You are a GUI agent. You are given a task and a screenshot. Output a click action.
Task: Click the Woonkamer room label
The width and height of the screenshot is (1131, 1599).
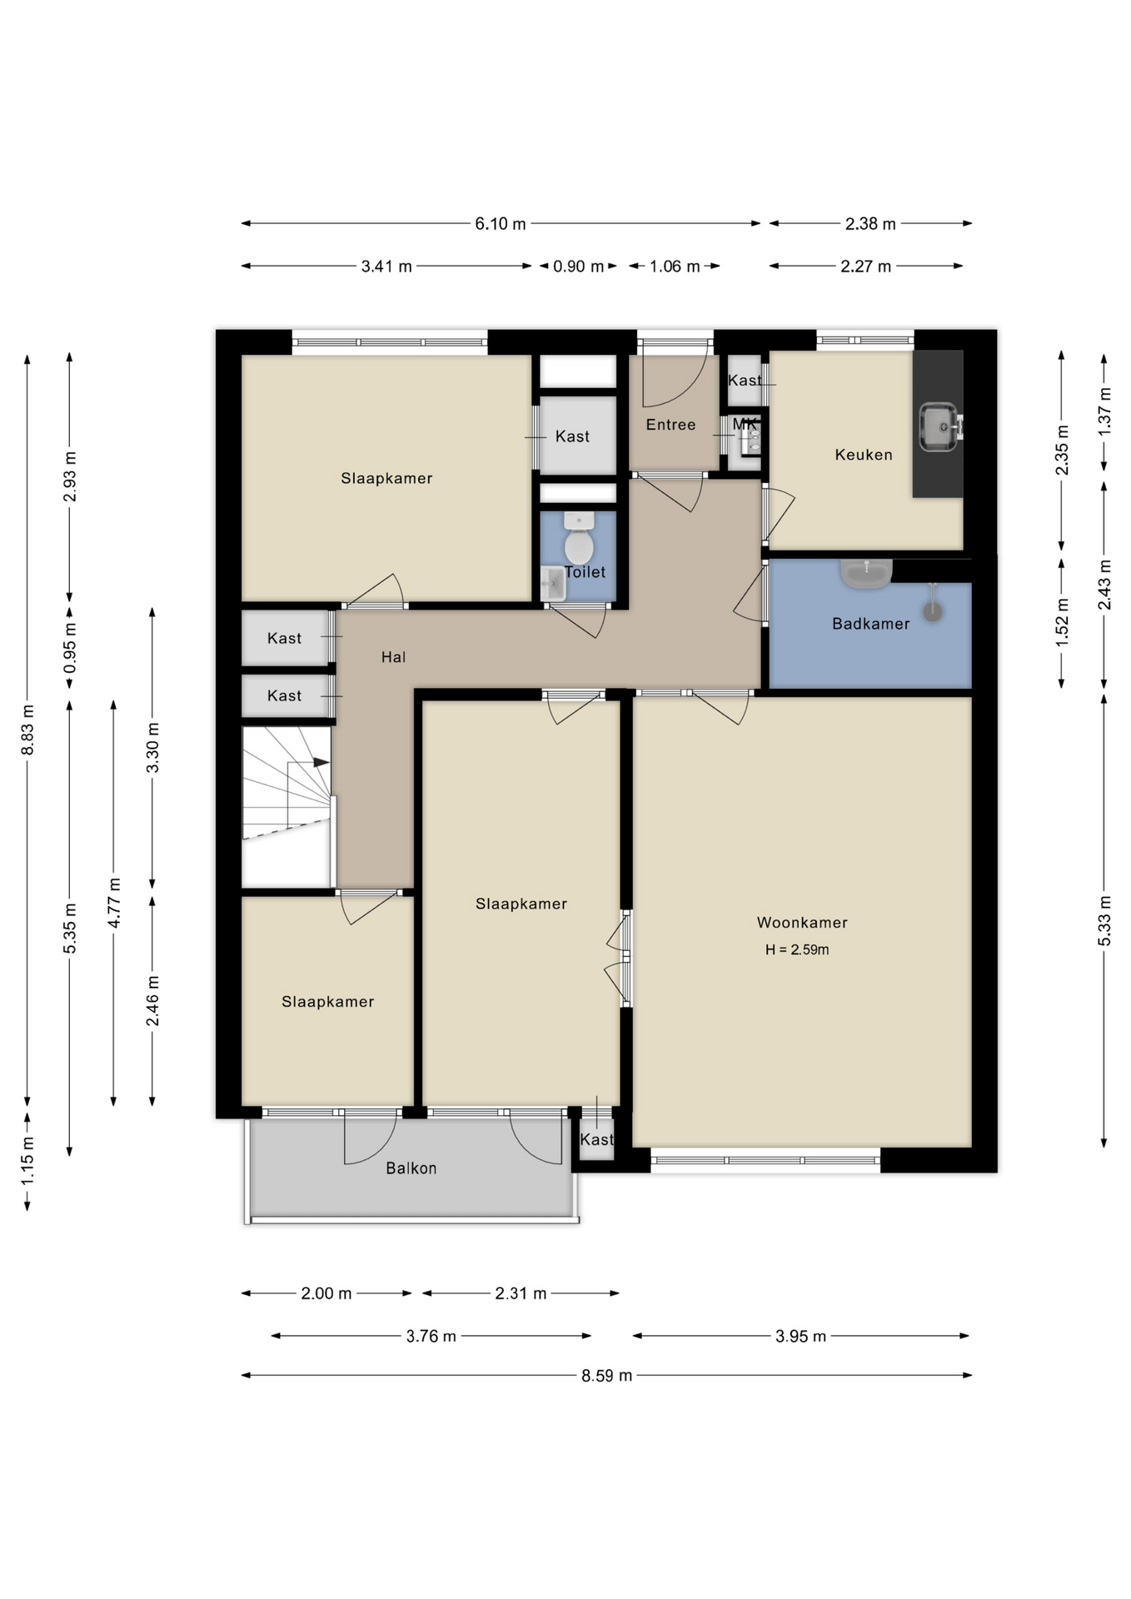click(802, 922)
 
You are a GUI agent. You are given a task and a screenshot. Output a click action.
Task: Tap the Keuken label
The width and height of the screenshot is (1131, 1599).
click(864, 455)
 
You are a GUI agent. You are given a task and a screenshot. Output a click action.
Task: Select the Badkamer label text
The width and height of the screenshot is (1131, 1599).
click(870, 624)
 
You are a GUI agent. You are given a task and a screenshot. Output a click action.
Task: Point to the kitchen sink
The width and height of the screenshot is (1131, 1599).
click(939, 427)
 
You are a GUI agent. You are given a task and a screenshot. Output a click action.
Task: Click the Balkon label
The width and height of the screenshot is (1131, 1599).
click(411, 1168)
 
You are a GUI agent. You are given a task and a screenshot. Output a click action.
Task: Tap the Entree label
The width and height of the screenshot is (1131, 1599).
click(670, 425)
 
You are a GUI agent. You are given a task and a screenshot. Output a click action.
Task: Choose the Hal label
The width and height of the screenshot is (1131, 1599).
click(393, 657)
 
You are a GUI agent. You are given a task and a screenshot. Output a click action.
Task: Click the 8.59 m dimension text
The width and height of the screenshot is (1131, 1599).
click(606, 1376)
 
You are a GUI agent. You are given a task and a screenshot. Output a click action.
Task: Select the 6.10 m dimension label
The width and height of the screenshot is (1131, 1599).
click(501, 224)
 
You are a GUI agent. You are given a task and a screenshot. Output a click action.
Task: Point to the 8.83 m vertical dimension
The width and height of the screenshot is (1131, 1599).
click(27, 730)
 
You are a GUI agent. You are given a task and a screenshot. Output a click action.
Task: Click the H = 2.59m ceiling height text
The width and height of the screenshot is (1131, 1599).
click(797, 949)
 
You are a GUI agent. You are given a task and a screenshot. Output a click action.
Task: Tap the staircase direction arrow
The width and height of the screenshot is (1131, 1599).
click(321, 762)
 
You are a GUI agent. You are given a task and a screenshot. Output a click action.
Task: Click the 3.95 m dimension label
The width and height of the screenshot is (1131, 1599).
click(800, 1337)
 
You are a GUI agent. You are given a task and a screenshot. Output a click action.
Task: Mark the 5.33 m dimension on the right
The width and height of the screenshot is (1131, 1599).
click(1104, 920)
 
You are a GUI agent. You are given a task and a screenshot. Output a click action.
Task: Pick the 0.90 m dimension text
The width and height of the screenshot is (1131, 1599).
click(578, 266)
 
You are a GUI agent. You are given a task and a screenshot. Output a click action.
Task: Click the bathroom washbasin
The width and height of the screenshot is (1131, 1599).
click(866, 573)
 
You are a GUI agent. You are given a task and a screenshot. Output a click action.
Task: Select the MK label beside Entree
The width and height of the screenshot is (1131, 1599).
click(745, 425)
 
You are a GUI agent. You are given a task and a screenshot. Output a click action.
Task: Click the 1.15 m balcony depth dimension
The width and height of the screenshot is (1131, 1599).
click(27, 1161)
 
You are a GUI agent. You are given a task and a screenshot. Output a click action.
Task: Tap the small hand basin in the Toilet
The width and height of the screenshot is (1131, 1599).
click(553, 584)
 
